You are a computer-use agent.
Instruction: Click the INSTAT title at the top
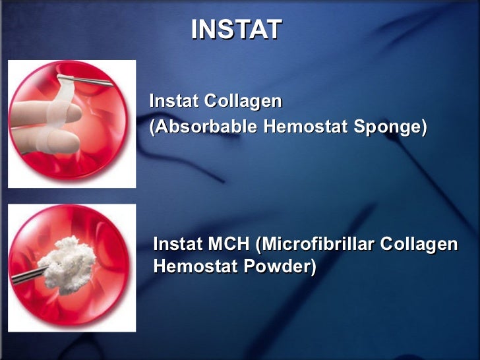click(236, 30)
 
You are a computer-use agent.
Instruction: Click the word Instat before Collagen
click(173, 102)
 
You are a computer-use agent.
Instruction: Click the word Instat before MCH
click(177, 245)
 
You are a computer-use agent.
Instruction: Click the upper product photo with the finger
click(71, 123)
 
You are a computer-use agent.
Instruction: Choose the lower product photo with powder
click(71, 267)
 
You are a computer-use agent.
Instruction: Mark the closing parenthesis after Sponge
click(423, 127)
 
